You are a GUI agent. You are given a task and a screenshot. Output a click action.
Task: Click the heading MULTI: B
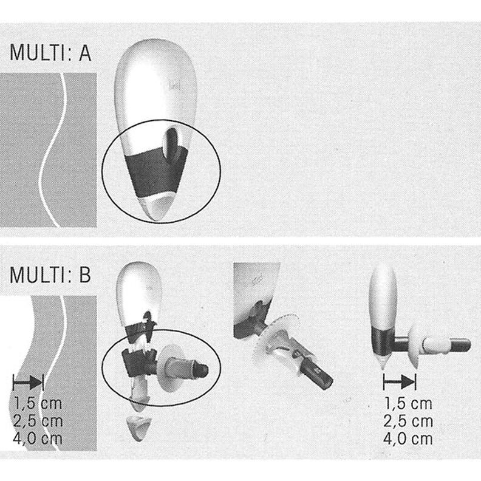click(50, 275)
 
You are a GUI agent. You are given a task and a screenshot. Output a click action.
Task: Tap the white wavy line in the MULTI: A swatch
click(54, 152)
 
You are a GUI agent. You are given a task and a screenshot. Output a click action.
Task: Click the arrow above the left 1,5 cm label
click(28, 382)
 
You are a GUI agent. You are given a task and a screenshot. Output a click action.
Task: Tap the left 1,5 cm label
click(37, 403)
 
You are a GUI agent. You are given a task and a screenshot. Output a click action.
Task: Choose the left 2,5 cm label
click(37, 420)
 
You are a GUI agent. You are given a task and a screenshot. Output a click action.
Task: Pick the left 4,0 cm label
click(37, 437)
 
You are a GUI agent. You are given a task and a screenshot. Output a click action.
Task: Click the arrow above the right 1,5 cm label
click(399, 382)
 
